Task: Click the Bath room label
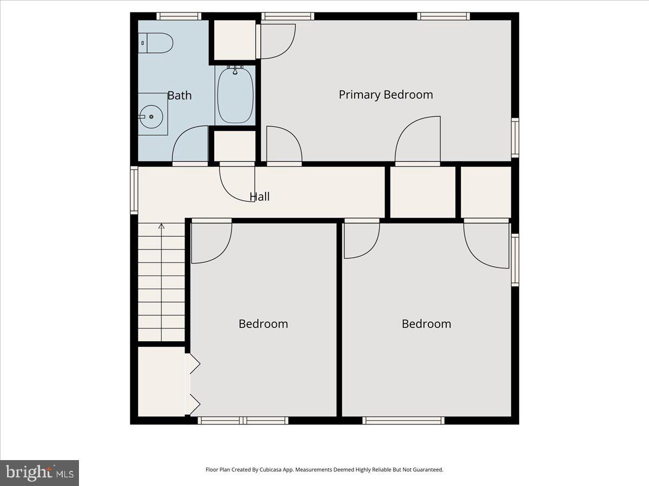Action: click(179, 96)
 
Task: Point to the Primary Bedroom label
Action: click(386, 94)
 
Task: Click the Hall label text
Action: click(260, 197)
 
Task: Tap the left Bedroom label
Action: click(263, 323)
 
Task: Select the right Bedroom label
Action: click(426, 323)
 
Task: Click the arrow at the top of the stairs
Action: click(161, 226)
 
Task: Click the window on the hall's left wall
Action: click(134, 190)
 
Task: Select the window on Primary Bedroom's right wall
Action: click(515, 138)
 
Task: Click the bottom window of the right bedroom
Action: click(403, 420)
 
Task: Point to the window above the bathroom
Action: click(178, 16)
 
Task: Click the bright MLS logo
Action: click(39, 473)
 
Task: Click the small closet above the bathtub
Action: click(235, 40)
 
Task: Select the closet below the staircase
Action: click(161, 381)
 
